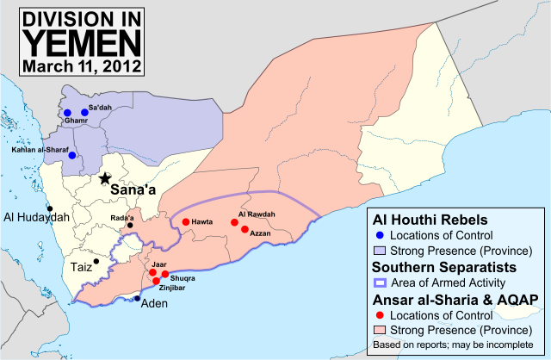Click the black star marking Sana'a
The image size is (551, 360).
(x=104, y=178)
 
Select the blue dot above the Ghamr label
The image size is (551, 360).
(x=67, y=113)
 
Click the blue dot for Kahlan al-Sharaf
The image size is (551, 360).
(x=72, y=156)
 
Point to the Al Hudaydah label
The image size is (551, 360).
(x=35, y=217)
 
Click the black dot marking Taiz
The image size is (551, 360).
(x=96, y=261)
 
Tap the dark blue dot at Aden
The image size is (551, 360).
(x=137, y=298)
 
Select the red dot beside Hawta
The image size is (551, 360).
(x=185, y=223)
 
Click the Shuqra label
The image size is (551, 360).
(x=183, y=278)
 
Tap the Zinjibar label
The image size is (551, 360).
(x=173, y=290)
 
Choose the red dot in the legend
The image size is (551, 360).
(x=381, y=315)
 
